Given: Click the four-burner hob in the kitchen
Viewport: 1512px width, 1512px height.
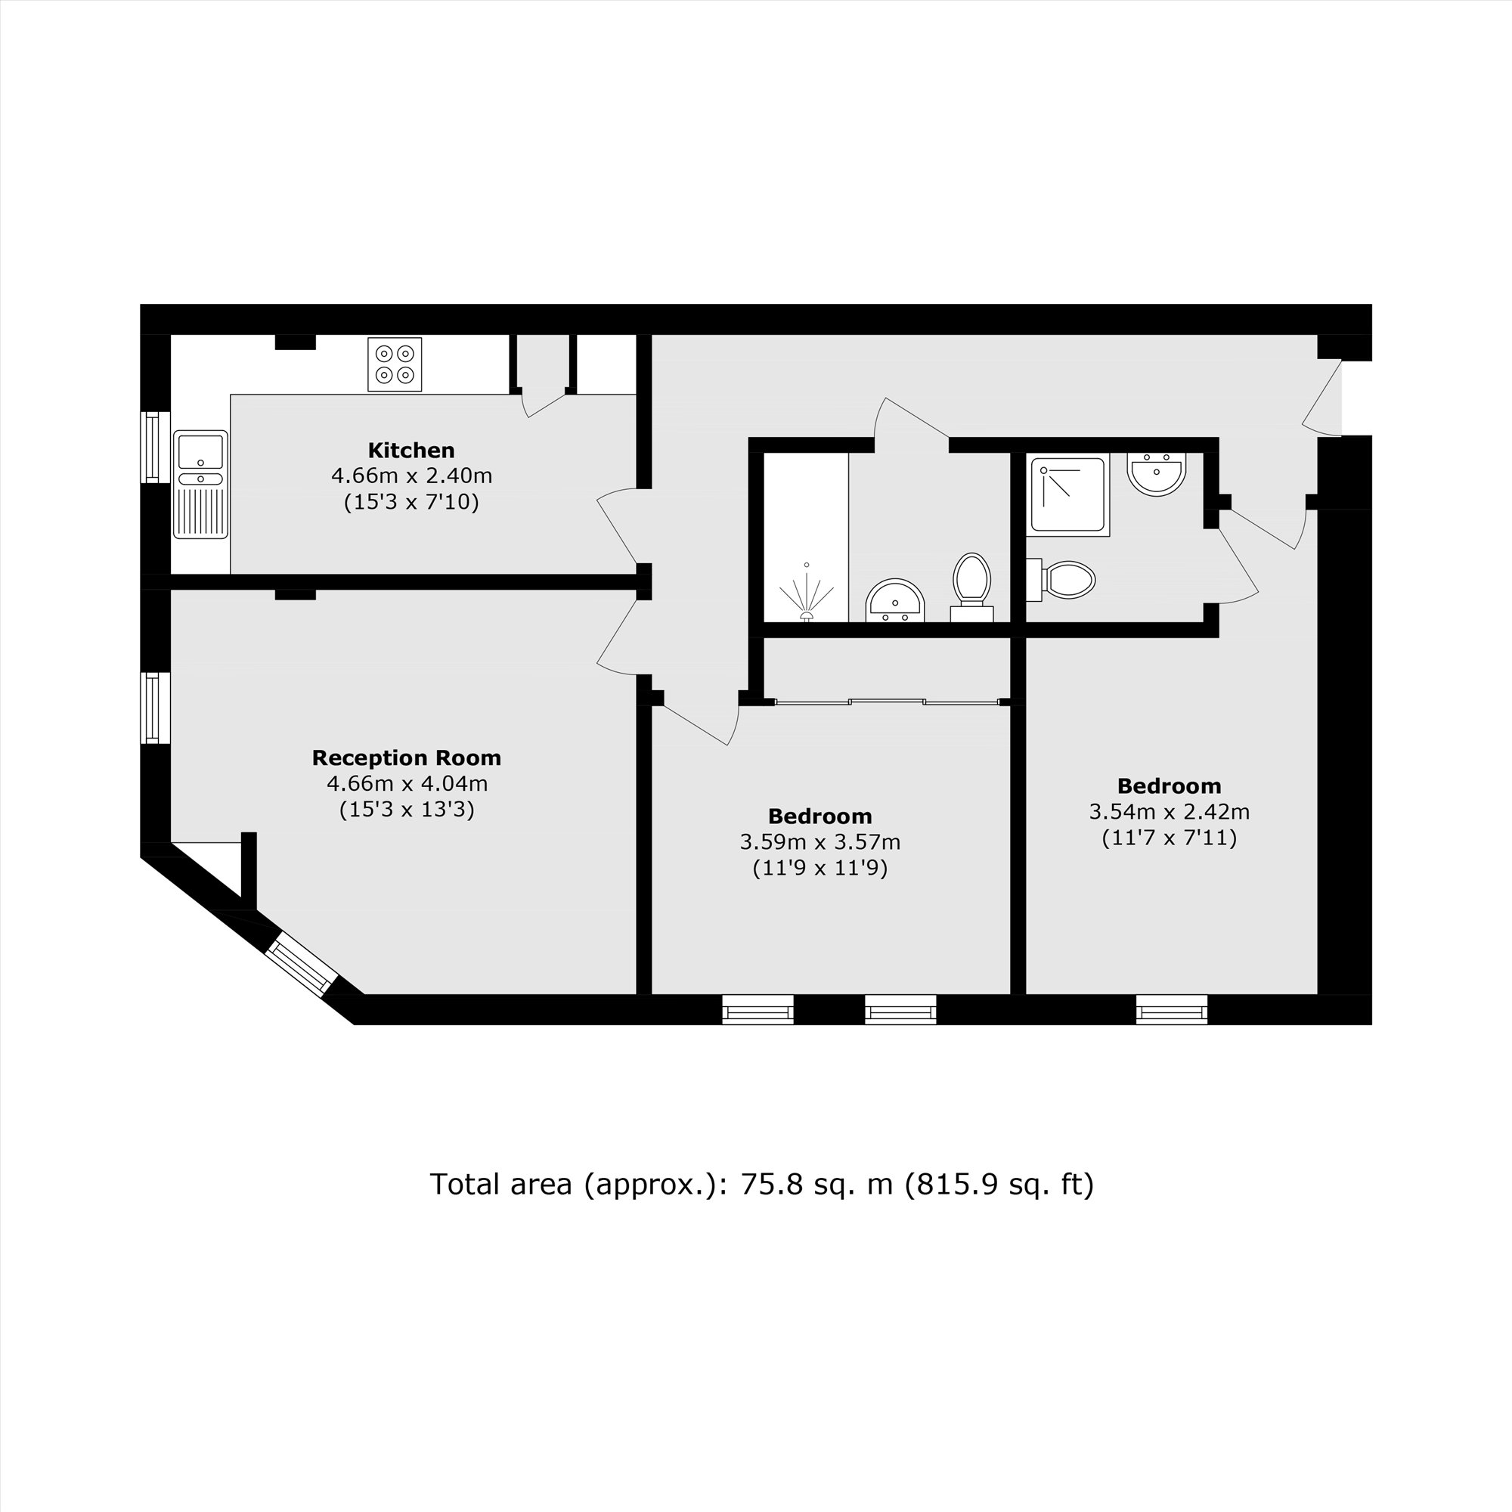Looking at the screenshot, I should (395, 364).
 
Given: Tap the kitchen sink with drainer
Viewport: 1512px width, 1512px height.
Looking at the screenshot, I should (200, 485).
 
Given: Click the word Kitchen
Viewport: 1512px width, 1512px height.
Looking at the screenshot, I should (411, 451).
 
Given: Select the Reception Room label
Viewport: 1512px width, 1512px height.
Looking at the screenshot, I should (406, 758).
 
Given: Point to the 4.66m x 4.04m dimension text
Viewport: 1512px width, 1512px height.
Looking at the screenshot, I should (407, 783).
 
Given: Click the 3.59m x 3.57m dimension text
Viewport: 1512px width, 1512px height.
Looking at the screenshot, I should (820, 843).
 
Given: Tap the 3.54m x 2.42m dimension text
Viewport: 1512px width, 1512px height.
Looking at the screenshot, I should (1169, 811).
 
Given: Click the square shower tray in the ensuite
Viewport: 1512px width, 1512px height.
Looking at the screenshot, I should (1067, 495).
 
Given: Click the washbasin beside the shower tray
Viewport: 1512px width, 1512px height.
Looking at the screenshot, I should (1157, 472).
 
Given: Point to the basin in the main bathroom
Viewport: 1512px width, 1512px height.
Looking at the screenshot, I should (895, 601).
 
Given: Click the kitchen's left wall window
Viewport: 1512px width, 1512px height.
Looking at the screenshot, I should (155, 447).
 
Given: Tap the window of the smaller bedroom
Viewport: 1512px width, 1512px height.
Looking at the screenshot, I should (1171, 1009).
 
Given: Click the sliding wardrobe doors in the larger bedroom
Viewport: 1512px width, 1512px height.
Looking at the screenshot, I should (887, 702).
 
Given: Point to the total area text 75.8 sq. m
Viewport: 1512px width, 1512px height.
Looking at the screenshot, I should (761, 1184).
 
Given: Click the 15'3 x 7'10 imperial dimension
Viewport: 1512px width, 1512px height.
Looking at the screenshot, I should (411, 502).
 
